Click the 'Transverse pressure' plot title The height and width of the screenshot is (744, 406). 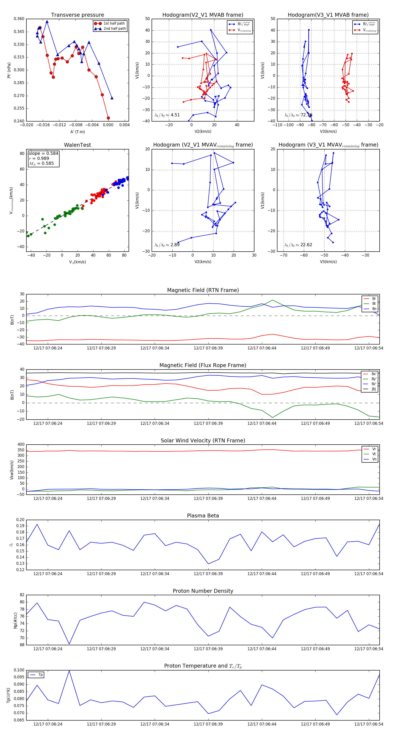[x=77, y=15]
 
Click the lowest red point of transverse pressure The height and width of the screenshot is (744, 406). [x=108, y=118]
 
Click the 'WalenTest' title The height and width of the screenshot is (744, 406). [x=77, y=145]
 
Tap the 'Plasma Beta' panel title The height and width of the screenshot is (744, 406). [x=203, y=516]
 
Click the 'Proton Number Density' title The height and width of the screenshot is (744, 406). [x=203, y=591]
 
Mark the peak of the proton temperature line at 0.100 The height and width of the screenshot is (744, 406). [x=69, y=671]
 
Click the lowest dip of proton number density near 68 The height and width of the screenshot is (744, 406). [x=69, y=644]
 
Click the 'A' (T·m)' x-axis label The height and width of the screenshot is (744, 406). [x=77, y=132]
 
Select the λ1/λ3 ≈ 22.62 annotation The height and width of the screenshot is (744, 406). [x=298, y=245]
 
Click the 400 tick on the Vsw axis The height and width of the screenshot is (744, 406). [x=21, y=445]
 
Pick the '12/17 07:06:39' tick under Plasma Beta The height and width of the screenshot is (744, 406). [x=208, y=574]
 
